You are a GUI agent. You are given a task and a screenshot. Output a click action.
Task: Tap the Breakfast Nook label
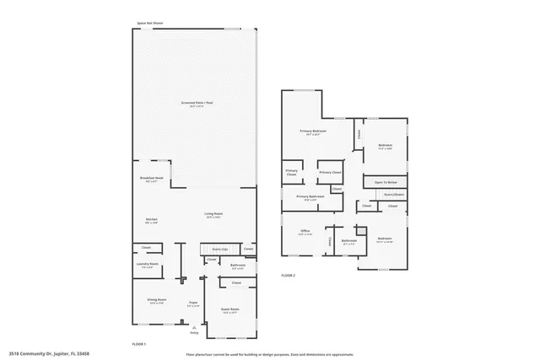click(x=151, y=179)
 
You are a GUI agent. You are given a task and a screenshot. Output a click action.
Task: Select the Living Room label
click(x=213, y=214)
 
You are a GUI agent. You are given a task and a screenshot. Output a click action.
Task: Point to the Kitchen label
click(x=152, y=219)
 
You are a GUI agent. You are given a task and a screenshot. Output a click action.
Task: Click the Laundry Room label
click(x=148, y=265)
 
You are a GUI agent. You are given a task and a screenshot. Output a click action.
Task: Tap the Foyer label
click(x=193, y=302)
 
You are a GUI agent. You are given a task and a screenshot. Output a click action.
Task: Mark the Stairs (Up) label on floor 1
click(x=220, y=250)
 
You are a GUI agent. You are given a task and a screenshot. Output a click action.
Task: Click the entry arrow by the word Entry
click(x=193, y=327)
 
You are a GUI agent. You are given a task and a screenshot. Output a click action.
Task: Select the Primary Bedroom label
click(x=313, y=132)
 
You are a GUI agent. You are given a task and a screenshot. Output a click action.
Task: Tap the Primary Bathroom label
click(x=310, y=196)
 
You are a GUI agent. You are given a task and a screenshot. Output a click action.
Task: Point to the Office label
click(x=305, y=230)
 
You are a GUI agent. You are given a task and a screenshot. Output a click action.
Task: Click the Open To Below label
click(x=386, y=182)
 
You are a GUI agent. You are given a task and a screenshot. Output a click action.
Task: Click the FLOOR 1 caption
click(x=139, y=344)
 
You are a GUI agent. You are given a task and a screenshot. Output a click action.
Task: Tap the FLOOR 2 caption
click(x=289, y=276)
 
